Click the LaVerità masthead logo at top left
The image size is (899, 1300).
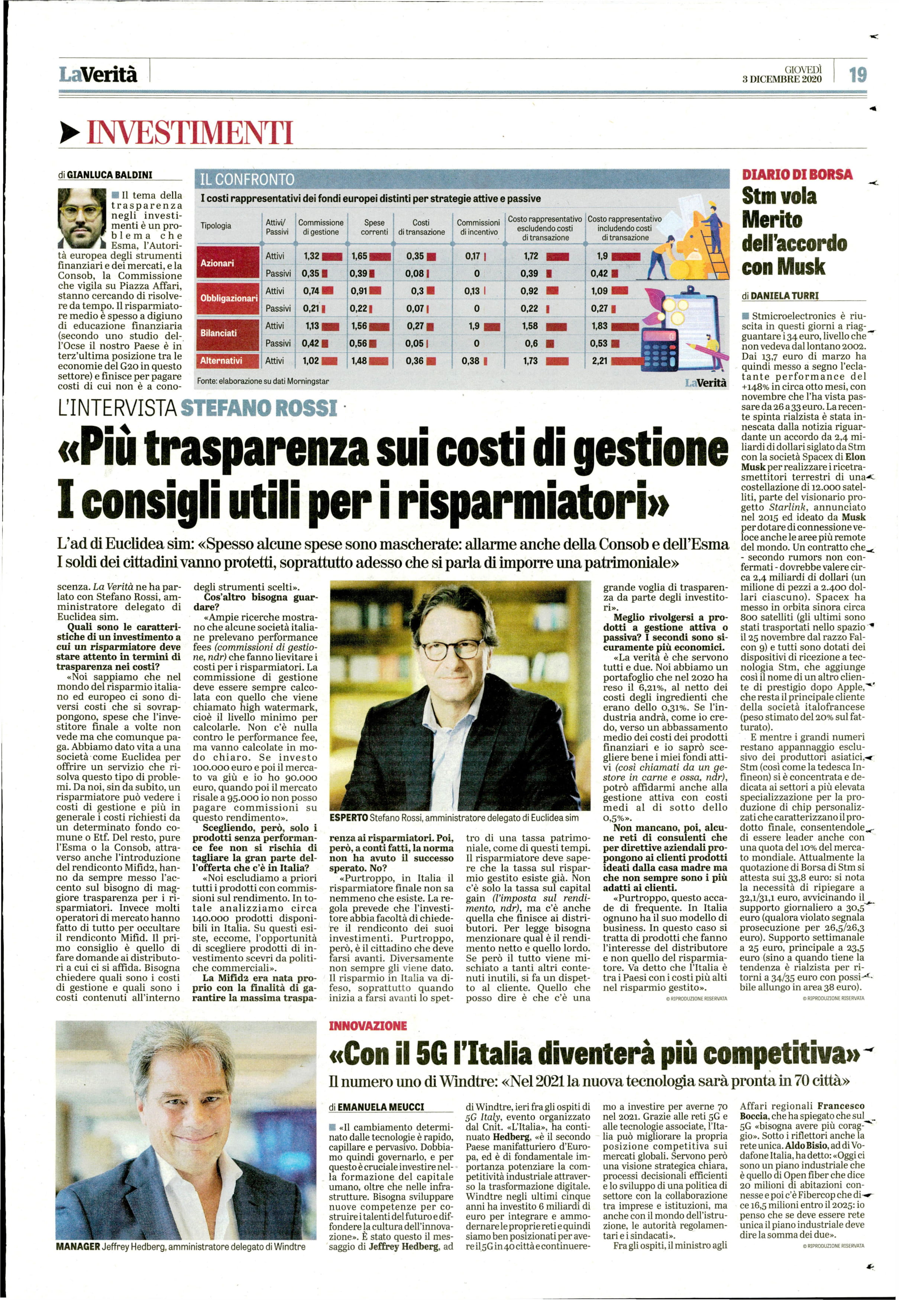pyautogui.click(x=98, y=74)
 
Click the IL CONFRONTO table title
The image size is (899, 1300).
pyautogui.click(x=248, y=180)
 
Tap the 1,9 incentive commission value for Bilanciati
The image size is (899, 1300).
pyautogui.click(x=473, y=326)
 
